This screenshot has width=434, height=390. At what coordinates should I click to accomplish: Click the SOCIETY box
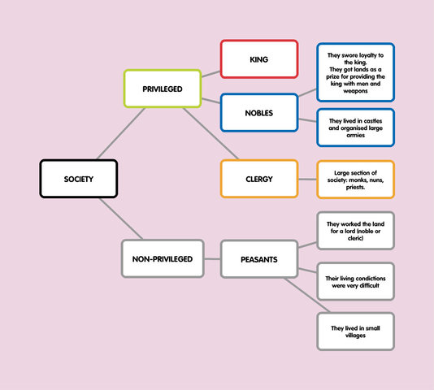point(79,179)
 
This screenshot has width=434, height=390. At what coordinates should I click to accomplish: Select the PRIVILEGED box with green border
point(162,89)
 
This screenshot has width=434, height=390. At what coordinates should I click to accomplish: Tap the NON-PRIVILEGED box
point(162,259)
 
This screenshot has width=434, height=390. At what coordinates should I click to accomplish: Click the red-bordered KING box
point(259,59)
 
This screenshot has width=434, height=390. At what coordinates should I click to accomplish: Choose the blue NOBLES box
point(259,112)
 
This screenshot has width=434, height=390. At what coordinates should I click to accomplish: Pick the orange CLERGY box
point(259,179)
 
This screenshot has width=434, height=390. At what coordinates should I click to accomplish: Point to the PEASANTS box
point(259,259)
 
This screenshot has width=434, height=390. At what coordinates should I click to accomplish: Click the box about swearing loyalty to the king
point(355,73)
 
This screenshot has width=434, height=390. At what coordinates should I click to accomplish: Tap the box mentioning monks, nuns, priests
point(355,179)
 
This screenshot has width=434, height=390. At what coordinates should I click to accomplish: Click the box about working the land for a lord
point(355,231)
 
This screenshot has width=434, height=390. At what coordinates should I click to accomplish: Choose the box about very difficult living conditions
point(355,282)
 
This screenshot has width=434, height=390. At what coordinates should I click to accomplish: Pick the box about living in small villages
point(355,331)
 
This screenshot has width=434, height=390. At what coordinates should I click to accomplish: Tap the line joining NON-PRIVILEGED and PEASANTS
point(211,259)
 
